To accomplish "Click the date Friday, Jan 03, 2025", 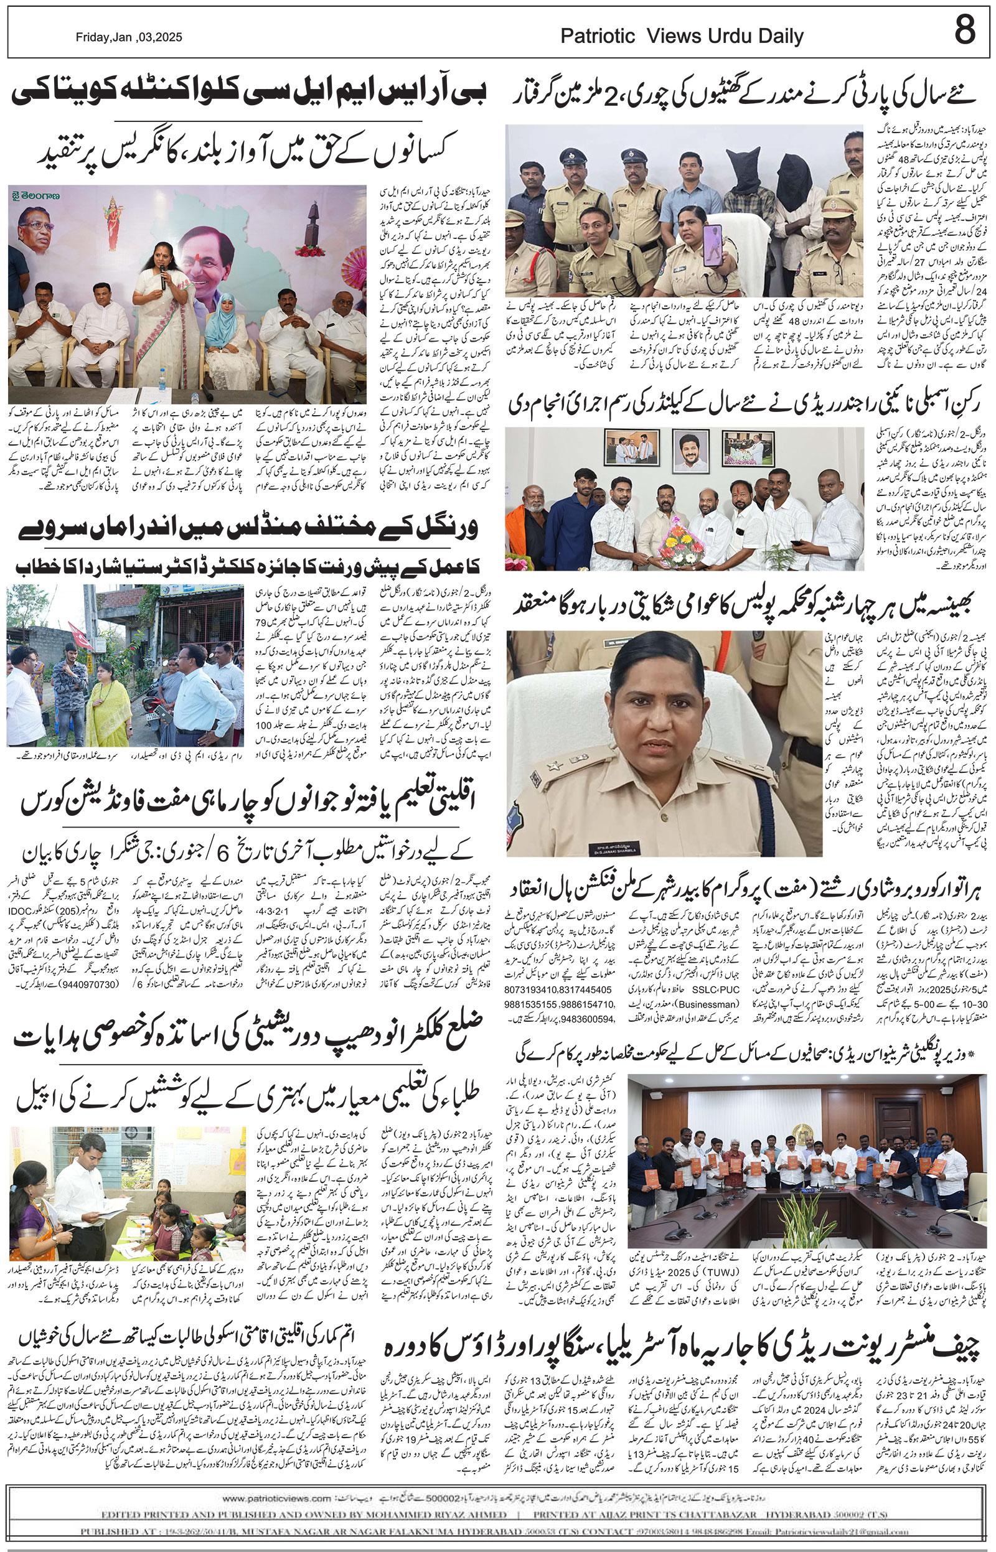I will pyautogui.click(x=129, y=37).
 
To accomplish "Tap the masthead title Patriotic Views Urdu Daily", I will pyautogui.click(x=682, y=36).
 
